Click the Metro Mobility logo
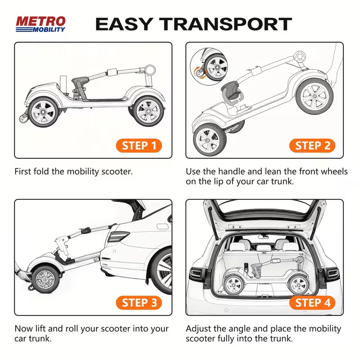[x=40, y=24]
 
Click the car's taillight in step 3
[x=121, y=237]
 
